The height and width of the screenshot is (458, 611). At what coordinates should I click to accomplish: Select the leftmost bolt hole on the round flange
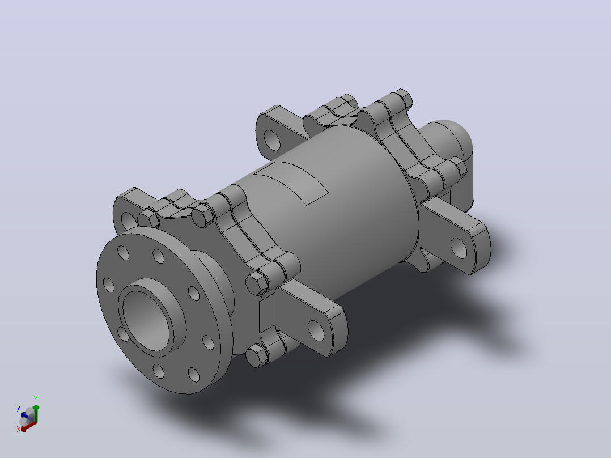pyautogui.click(x=109, y=285)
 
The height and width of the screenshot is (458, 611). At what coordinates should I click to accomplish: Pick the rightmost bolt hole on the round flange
pyautogui.click(x=209, y=342)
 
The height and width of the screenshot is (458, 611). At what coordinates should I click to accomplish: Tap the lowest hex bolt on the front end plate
pyautogui.click(x=257, y=357)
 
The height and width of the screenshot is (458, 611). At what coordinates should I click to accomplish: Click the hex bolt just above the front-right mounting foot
pyautogui.click(x=257, y=283)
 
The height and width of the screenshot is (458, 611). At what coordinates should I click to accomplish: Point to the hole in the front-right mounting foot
pyautogui.click(x=316, y=330)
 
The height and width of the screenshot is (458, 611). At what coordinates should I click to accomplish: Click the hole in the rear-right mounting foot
pyautogui.click(x=459, y=248)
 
